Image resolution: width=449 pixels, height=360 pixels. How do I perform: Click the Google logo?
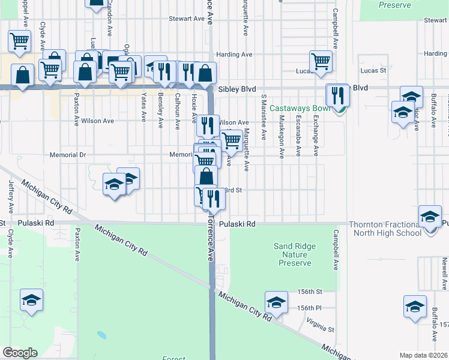click(20, 353)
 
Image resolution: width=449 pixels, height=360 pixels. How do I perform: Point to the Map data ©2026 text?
click(423, 355)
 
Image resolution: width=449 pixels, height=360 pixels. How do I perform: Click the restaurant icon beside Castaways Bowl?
click(337, 95)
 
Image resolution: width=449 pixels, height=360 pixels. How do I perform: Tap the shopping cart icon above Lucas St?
click(321, 61)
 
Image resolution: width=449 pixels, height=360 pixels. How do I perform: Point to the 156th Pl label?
click(310, 308)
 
